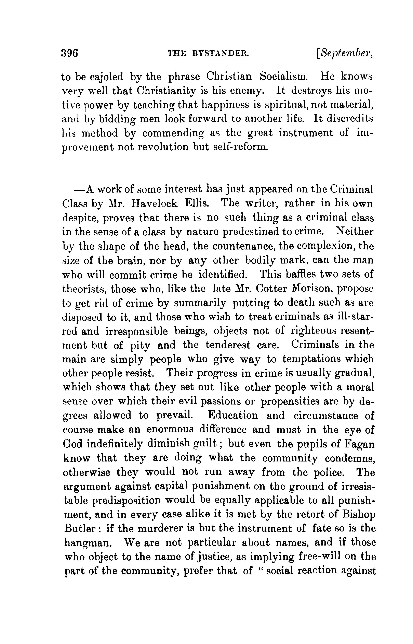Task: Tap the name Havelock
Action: point(154,203)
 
